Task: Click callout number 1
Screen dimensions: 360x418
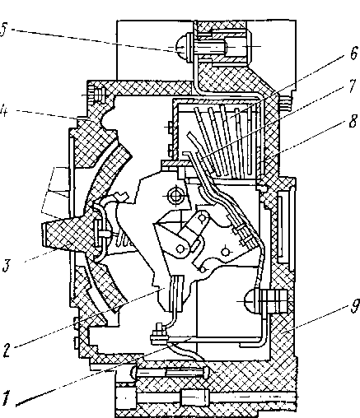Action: pyautogui.click(x=6, y=398)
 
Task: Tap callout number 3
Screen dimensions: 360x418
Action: pyautogui.click(x=7, y=265)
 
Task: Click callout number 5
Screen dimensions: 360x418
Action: pyautogui.click(x=4, y=29)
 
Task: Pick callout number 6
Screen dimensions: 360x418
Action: pyautogui.click(x=354, y=53)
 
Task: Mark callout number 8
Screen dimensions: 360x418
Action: pyautogui.click(x=353, y=121)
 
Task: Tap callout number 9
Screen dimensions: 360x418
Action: pyautogui.click(x=355, y=305)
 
